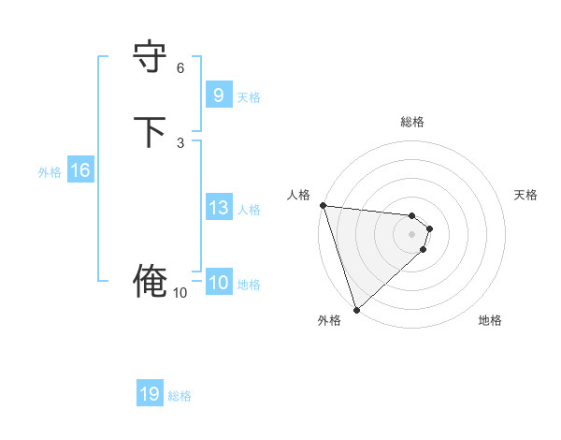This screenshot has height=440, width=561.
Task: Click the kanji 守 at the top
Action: click(x=150, y=55)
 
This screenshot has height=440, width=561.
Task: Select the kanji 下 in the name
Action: click(x=150, y=132)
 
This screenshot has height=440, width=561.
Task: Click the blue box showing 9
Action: click(x=218, y=95)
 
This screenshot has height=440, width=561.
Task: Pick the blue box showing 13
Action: click(x=218, y=208)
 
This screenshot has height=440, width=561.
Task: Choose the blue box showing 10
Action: click(x=218, y=283)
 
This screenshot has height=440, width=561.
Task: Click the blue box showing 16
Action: click(x=79, y=170)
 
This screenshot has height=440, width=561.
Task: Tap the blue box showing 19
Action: click(x=150, y=394)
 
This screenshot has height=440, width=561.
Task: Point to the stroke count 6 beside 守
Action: click(x=180, y=68)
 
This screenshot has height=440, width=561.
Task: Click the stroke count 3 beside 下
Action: click(x=180, y=142)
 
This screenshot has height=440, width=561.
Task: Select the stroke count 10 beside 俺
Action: click(x=180, y=293)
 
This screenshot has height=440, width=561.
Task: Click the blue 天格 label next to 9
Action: click(x=249, y=96)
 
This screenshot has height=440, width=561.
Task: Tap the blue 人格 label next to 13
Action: click(x=249, y=210)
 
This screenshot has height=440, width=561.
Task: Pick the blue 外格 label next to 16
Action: click(x=49, y=172)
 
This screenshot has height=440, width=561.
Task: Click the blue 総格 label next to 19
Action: click(x=180, y=396)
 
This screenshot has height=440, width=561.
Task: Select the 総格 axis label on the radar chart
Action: click(x=412, y=122)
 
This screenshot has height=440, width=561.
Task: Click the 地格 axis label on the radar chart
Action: click(x=490, y=321)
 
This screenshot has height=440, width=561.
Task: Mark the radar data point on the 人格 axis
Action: click(x=322, y=205)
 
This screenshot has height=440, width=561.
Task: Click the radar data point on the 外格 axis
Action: click(x=355, y=309)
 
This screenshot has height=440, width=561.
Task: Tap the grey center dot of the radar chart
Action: click(x=412, y=233)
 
